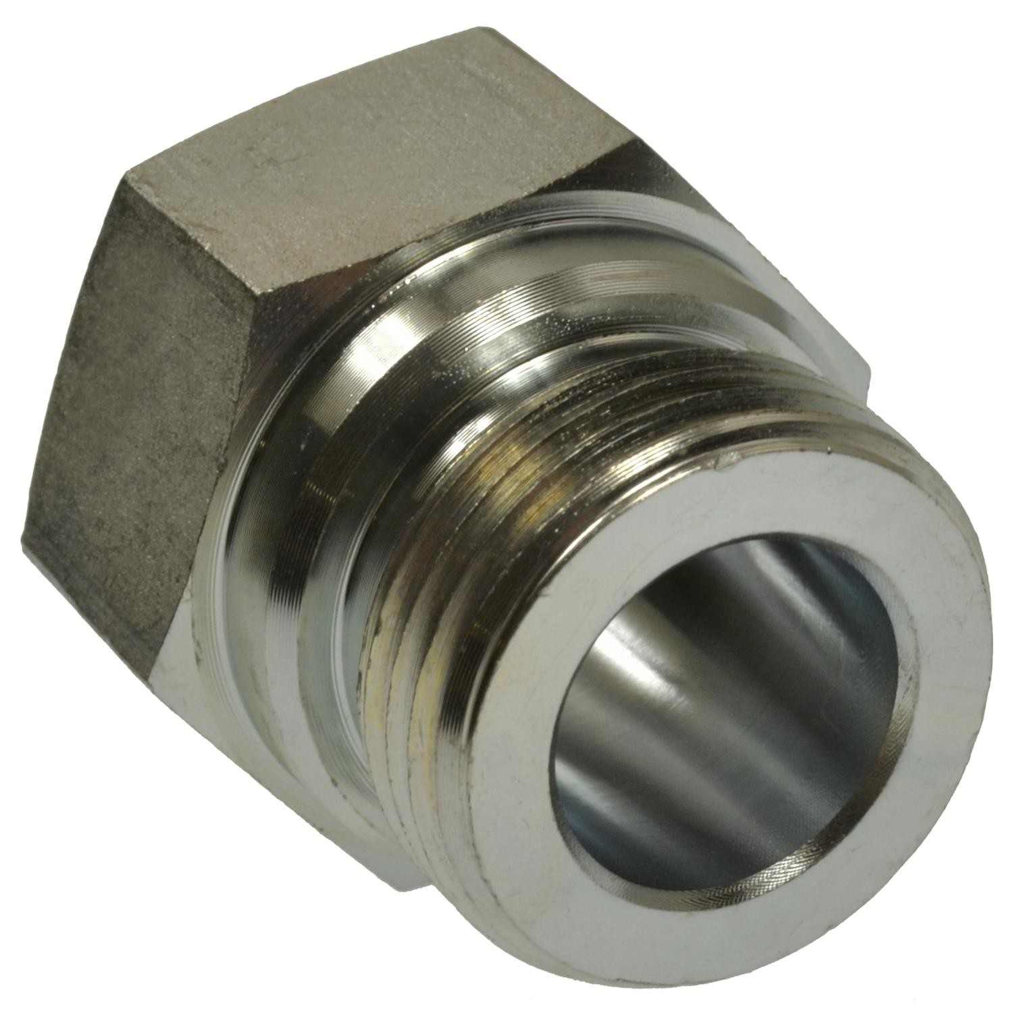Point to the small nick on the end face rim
(x=726, y=465)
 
